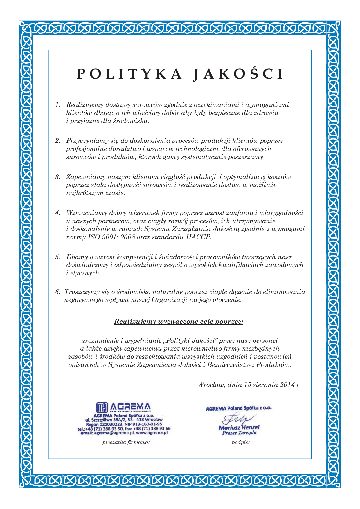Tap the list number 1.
57,105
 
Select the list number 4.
57,213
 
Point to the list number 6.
57,292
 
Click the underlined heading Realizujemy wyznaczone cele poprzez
179,322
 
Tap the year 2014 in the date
287,385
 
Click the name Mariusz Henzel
239,427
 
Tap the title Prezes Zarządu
239,433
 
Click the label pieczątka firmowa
126,443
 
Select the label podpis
241,443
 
